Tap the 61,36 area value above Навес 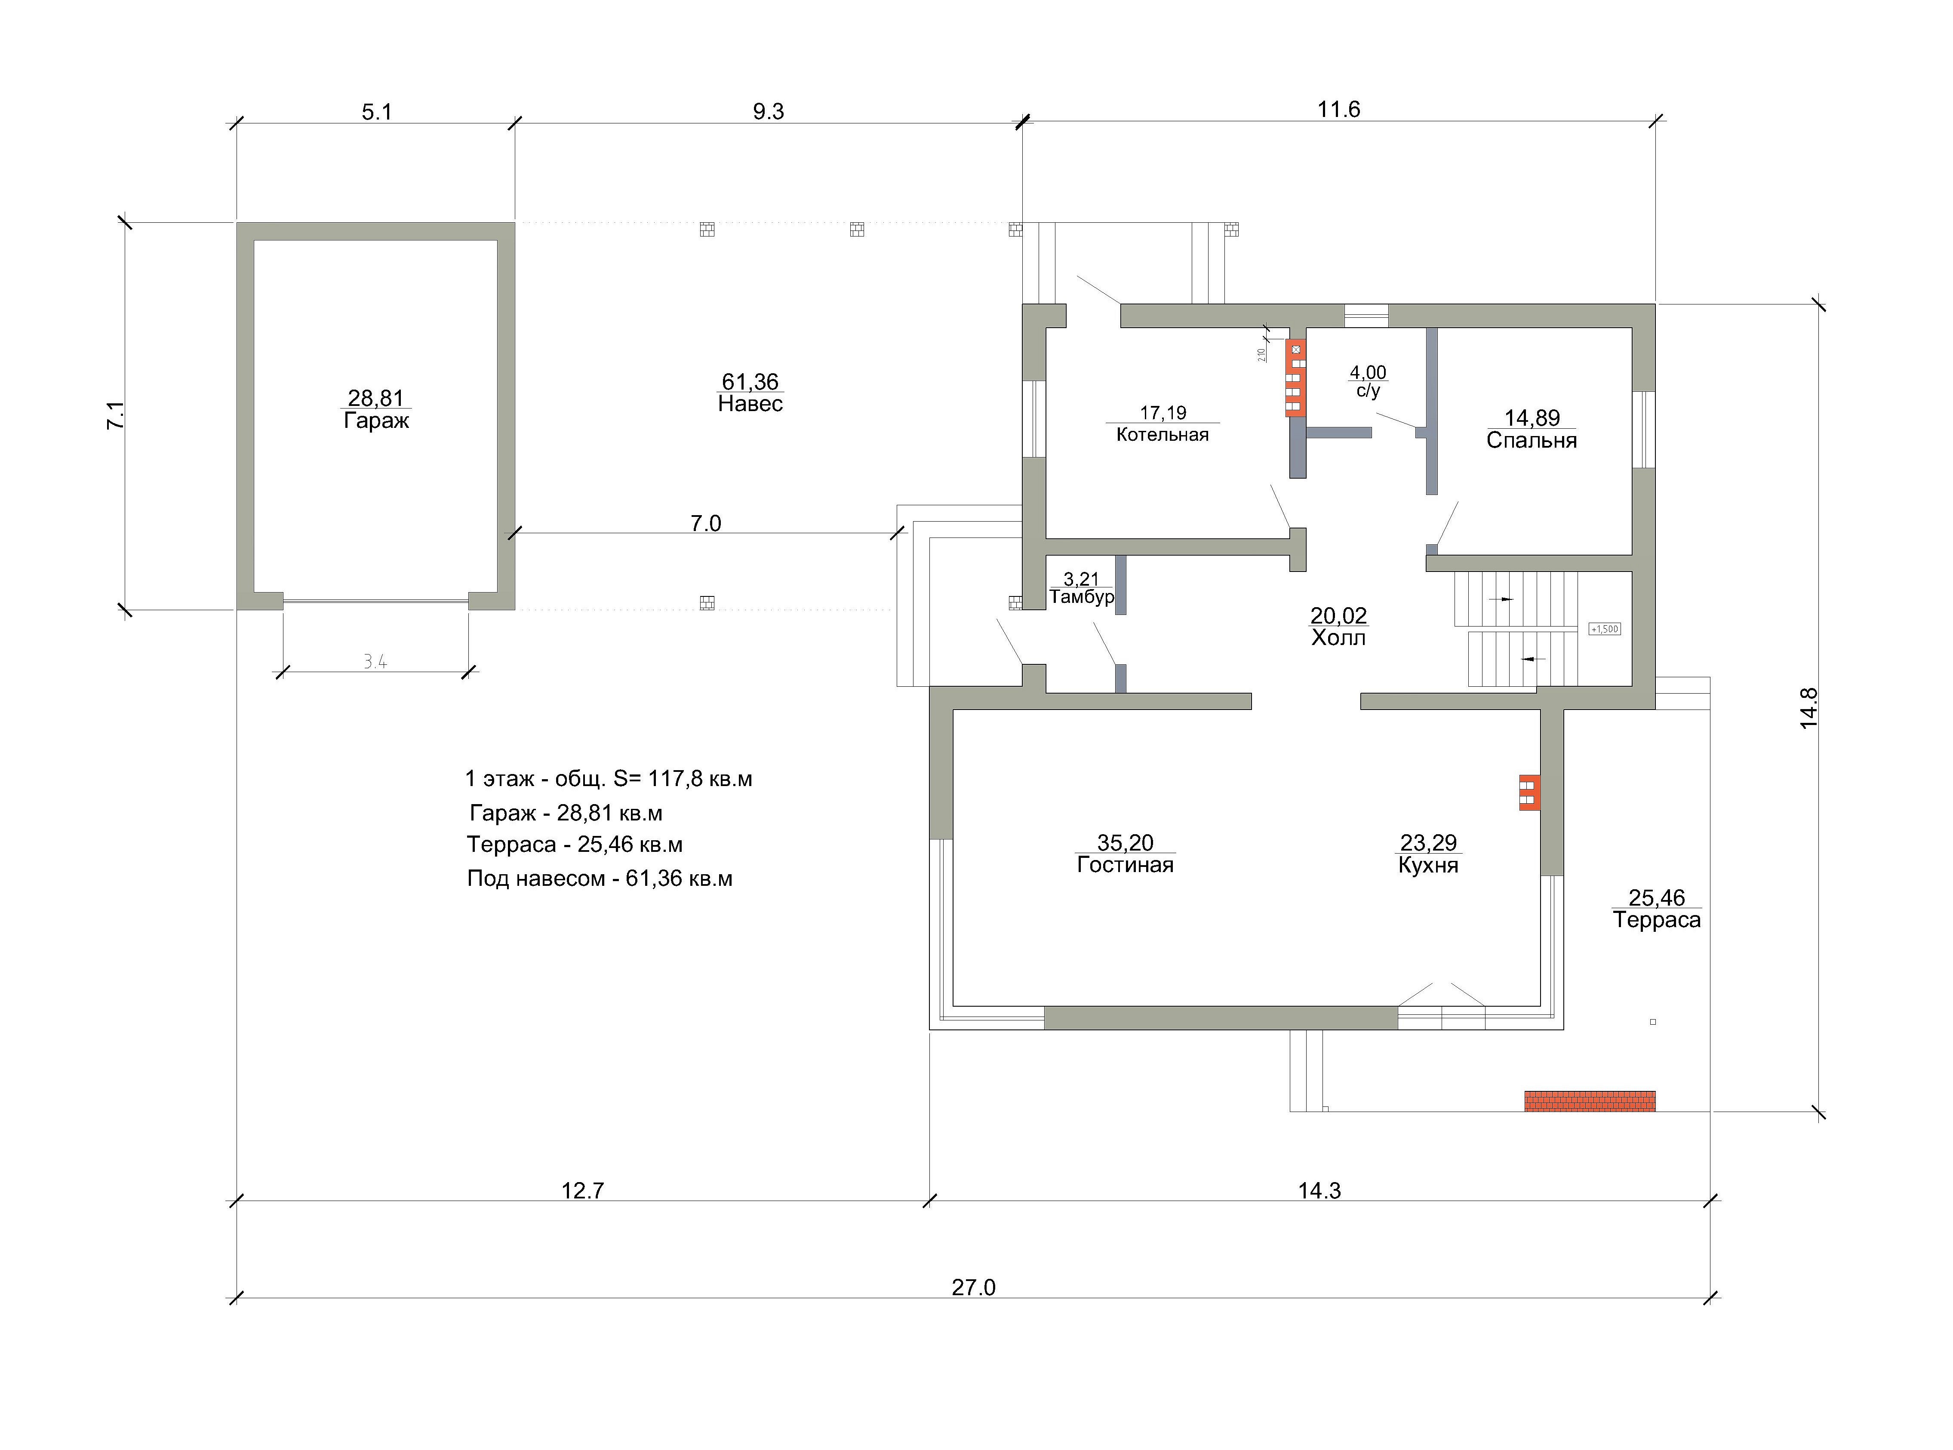(750, 382)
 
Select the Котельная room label (1162, 434)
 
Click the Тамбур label (1081, 597)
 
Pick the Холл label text (1338, 638)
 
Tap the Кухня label (1428, 866)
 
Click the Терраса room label (1656, 920)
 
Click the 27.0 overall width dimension (973, 1287)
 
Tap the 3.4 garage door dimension (376, 662)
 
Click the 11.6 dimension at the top (1338, 110)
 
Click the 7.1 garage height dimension (115, 415)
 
